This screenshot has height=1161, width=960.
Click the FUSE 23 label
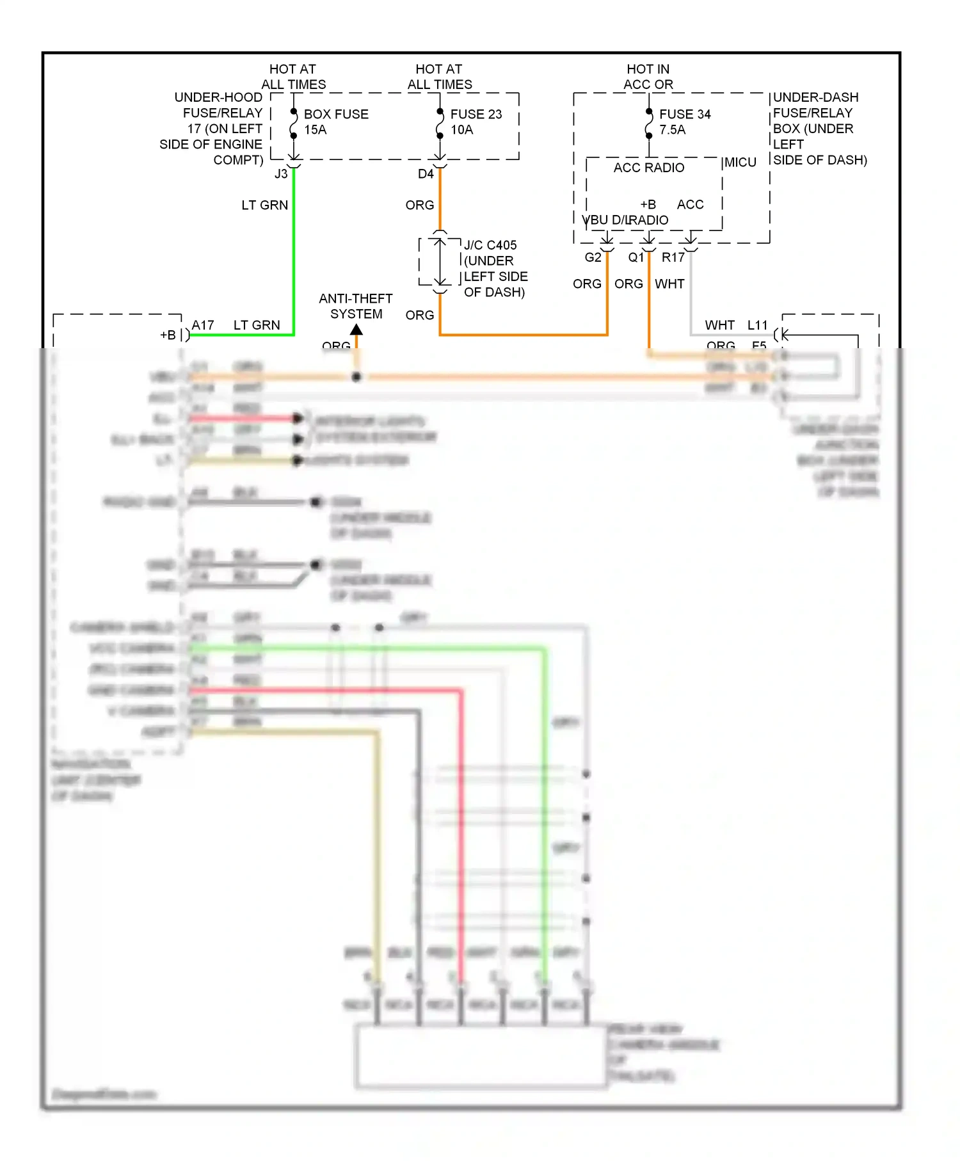point(476,114)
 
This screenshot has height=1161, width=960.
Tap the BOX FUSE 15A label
point(335,122)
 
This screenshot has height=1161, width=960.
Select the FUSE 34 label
point(685,114)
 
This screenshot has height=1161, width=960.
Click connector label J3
point(281,173)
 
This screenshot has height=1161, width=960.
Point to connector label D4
point(426,173)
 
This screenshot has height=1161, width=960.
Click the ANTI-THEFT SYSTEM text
point(356,306)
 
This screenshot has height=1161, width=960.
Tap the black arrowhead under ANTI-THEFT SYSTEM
point(356,330)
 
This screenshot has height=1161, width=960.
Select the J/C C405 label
point(490,245)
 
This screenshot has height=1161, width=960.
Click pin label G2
point(593,257)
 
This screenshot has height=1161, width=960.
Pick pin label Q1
point(636,257)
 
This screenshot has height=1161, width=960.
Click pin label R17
point(673,257)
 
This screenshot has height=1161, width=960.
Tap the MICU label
point(740,163)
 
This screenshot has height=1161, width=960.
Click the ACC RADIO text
point(648,168)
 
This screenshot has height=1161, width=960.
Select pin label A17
point(203,325)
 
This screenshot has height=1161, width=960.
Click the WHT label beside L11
point(719,325)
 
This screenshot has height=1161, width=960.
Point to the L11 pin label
point(757,325)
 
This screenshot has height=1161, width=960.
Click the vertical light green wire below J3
point(294,256)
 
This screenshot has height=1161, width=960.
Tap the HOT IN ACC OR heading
point(648,77)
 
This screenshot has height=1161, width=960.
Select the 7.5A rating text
point(672,130)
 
